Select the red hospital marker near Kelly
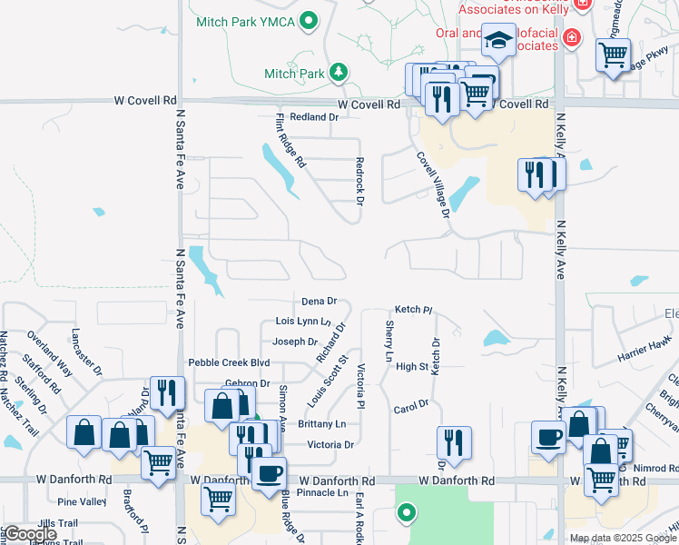(x=572, y=37)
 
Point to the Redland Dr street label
(x=308, y=117)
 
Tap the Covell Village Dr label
(x=434, y=184)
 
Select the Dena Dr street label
(x=319, y=301)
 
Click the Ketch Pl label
(x=408, y=310)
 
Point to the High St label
(x=411, y=367)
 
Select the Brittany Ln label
(x=321, y=424)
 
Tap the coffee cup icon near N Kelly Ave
(x=548, y=438)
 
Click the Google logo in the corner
(x=30, y=534)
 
